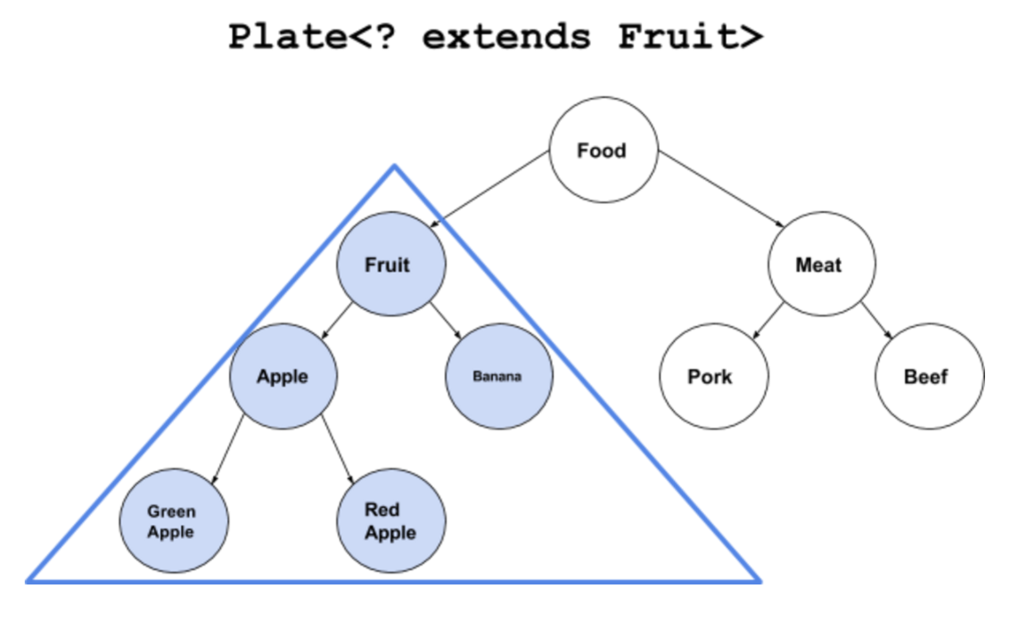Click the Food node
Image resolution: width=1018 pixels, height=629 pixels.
603,151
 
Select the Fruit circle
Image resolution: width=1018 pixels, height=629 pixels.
390,265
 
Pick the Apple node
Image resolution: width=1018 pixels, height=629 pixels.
283,377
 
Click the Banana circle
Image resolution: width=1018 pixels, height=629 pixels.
498,377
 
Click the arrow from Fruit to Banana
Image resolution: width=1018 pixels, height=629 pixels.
445,322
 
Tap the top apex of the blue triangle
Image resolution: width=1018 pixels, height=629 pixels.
394,166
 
